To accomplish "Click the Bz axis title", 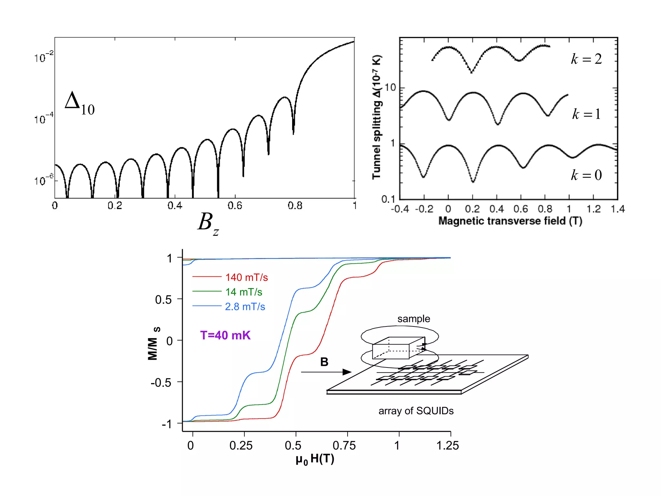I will pyautogui.click(x=208, y=223).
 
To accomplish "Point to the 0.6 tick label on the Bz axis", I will pyautogui.click(x=235, y=206).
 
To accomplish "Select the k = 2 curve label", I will pyautogui.click(x=586, y=59).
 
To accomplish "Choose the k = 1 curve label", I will pyautogui.click(x=586, y=114).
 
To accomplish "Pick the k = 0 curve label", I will pyautogui.click(x=586, y=175).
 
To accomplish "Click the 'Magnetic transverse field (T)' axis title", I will pyautogui.click(x=510, y=221).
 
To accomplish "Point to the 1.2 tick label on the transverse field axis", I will pyautogui.click(x=593, y=209).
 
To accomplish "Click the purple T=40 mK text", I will pyautogui.click(x=225, y=335).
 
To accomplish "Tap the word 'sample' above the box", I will pyautogui.click(x=413, y=319).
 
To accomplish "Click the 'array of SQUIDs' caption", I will pyautogui.click(x=416, y=411).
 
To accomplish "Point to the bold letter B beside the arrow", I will pyautogui.click(x=324, y=362).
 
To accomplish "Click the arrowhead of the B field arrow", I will pyautogui.click(x=347, y=372).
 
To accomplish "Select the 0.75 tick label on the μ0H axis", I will pyautogui.click(x=344, y=446).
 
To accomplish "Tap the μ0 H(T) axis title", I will pyautogui.click(x=315, y=459).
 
